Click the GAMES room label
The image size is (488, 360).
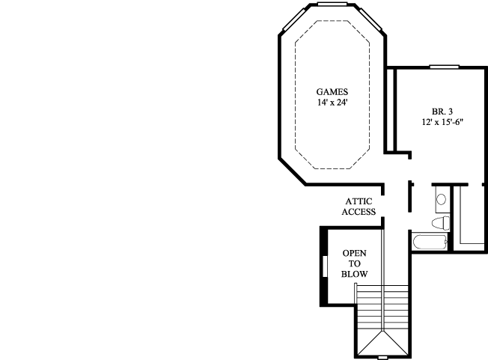click(332, 92)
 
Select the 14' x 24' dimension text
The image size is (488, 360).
click(332, 103)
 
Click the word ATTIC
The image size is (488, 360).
click(359, 201)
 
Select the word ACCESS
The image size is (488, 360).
click(359, 212)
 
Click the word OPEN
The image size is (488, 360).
click(355, 254)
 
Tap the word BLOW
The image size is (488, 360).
click(355, 275)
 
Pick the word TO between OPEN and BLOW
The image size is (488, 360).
click(355, 264)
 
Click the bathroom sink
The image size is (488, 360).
click(441, 200)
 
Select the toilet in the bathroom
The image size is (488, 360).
click(442, 223)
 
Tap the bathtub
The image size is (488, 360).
click(429, 242)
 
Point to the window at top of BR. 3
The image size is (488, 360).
click(444, 67)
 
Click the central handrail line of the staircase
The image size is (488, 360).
click(382, 299)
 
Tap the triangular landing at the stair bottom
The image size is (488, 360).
click(382, 342)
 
